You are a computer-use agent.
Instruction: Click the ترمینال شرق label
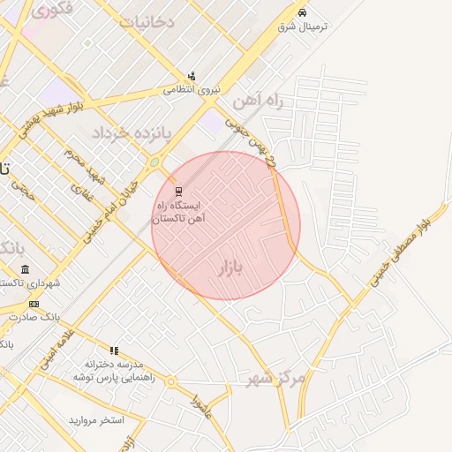click(x=302, y=26)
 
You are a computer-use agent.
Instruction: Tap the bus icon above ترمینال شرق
click(x=302, y=13)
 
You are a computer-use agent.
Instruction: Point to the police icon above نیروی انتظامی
click(x=191, y=76)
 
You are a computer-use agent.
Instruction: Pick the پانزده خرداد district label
click(x=133, y=132)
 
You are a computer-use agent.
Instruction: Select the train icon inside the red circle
click(x=178, y=191)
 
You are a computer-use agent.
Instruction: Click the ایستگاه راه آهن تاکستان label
click(x=178, y=211)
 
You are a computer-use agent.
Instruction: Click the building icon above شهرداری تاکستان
click(x=25, y=269)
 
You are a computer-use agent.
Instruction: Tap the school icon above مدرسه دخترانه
click(x=113, y=350)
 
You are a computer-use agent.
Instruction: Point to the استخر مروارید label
click(x=98, y=418)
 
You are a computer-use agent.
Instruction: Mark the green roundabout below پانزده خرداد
click(x=154, y=162)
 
